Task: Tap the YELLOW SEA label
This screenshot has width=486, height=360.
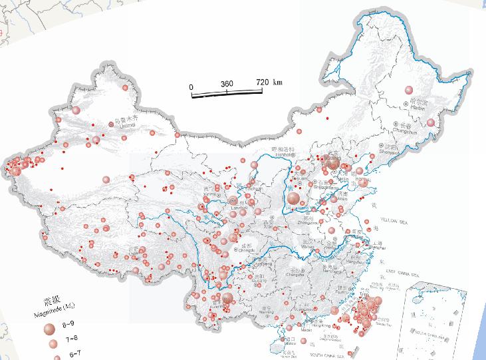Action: (397, 219)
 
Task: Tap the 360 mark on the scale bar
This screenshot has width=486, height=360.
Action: (227, 85)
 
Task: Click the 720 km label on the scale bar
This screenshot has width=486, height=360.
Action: (269, 83)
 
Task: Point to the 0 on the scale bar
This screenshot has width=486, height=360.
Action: (191, 87)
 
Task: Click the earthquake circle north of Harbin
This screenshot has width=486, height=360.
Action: (408, 90)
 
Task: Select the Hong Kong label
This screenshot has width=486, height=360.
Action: (321, 326)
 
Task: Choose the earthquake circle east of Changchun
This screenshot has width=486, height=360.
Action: (431, 122)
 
